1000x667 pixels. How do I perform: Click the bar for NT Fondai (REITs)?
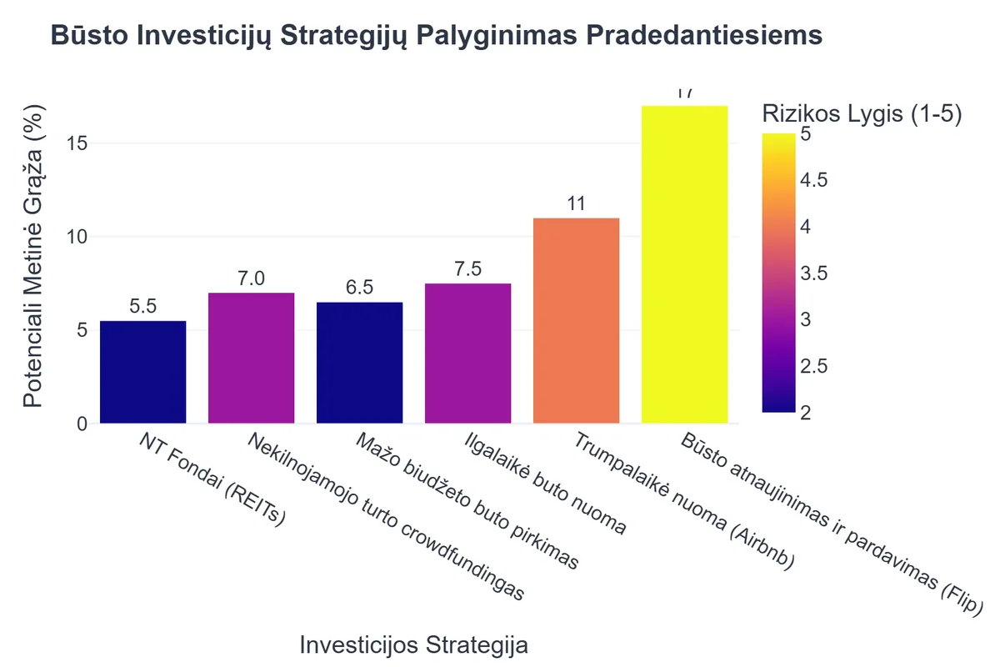(142, 372)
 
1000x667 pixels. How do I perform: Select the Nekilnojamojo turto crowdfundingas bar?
(251, 358)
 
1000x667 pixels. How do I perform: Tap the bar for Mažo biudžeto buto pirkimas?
(359, 363)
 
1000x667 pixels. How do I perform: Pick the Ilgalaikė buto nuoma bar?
(467, 354)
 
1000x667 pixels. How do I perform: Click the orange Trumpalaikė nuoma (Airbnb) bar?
(576, 320)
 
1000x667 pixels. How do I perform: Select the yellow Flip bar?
(684, 264)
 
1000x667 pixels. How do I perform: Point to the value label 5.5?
(142, 307)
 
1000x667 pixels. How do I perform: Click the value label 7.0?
(251, 278)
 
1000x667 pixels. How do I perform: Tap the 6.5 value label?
(359, 288)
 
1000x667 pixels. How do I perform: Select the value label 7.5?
(467, 269)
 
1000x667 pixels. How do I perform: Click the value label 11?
(576, 204)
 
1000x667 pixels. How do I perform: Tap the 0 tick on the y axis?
(81, 424)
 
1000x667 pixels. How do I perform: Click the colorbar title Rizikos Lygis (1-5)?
(862, 115)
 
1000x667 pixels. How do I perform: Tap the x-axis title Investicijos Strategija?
(413, 645)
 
